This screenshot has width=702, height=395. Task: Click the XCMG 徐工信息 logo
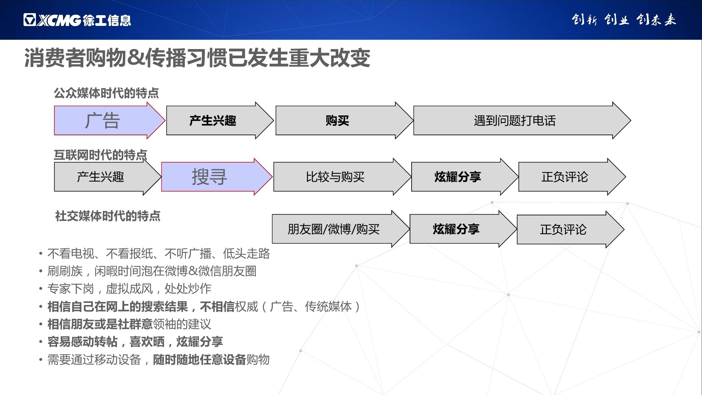tap(77, 20)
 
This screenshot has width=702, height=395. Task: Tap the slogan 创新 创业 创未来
tap(623, 20)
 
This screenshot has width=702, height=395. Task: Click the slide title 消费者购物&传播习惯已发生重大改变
tap(197, 58)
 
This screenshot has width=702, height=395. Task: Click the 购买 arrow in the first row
tap(337, 120)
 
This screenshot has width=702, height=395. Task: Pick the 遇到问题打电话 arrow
tap(515, 120)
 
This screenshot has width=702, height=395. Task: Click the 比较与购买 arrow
tap(335, 177)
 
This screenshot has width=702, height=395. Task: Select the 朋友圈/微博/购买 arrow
tap(333, 229)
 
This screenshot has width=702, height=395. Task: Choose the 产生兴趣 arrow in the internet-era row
tap(101, 177)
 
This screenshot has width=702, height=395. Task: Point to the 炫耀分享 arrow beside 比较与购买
tap(458, 177)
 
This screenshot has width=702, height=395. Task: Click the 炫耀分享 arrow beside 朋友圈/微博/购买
tap(456, 229)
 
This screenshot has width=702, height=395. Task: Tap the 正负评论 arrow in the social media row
tap(563, 229)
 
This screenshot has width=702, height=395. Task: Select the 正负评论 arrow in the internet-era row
tap(565, 177)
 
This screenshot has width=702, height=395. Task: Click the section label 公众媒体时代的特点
tap(106, 93)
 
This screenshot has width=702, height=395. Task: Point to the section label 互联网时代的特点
tap(100, 155)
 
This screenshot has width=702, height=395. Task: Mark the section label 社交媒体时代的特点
tap(108, 216)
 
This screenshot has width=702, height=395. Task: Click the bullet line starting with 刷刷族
tap(152, 271)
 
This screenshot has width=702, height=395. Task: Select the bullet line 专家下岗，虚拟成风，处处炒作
tap(129, 289)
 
